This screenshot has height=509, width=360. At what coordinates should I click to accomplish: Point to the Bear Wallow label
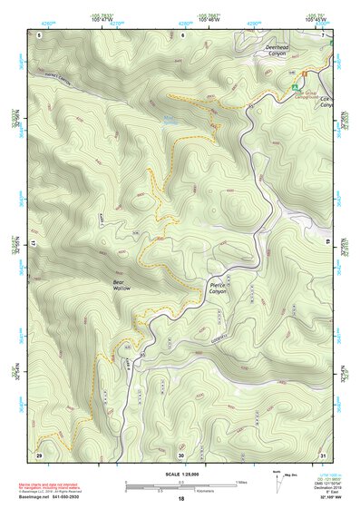click(122, 285)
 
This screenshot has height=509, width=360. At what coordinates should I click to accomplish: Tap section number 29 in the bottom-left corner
click(39, 454)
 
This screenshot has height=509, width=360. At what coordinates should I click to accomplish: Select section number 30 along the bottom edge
click(181, 454)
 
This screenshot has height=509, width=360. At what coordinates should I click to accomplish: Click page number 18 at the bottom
click(180, 500)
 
